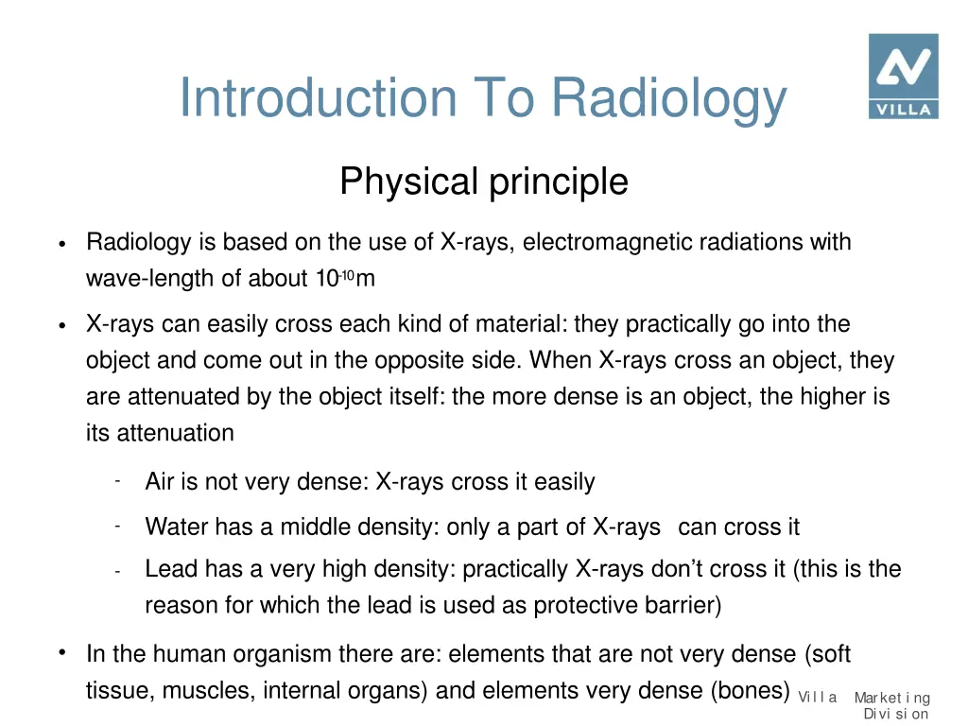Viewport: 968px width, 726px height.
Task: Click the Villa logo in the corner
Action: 903,77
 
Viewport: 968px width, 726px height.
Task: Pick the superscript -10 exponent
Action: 346,275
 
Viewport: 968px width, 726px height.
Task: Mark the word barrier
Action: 686,606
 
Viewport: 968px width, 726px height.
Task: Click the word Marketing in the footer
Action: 892,699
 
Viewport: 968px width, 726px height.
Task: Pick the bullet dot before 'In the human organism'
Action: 60,652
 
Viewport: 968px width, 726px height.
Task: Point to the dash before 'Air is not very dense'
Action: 114,480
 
